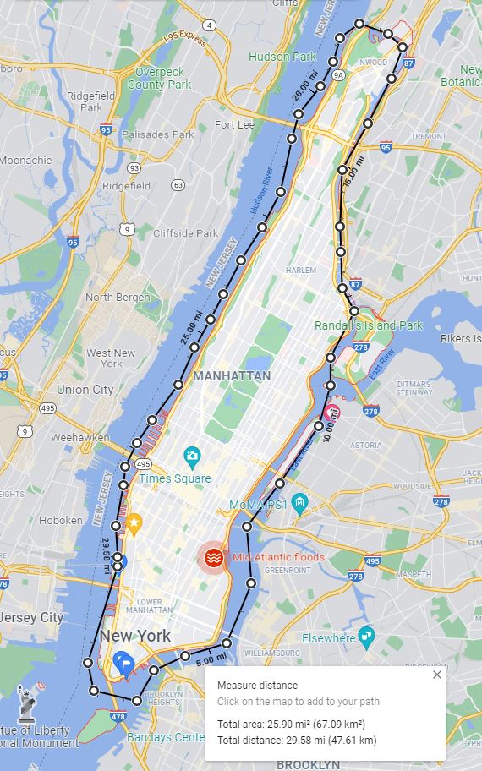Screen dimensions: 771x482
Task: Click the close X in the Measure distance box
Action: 436,675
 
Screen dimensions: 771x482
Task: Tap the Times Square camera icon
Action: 192,457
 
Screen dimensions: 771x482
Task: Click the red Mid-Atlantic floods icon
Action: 213,557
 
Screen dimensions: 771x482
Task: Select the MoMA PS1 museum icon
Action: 299,505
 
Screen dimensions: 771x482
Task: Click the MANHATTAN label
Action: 232,375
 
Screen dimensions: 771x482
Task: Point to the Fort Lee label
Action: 234,124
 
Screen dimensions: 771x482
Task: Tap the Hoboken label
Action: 60,521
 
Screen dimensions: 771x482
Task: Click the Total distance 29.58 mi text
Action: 296,741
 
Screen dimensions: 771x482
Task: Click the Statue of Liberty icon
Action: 30,701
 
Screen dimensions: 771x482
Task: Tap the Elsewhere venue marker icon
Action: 365,637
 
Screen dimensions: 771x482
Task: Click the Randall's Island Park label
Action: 369,325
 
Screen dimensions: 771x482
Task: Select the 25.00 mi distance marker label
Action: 189,327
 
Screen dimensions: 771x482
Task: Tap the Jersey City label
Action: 30,617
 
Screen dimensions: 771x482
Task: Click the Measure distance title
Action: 257,686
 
